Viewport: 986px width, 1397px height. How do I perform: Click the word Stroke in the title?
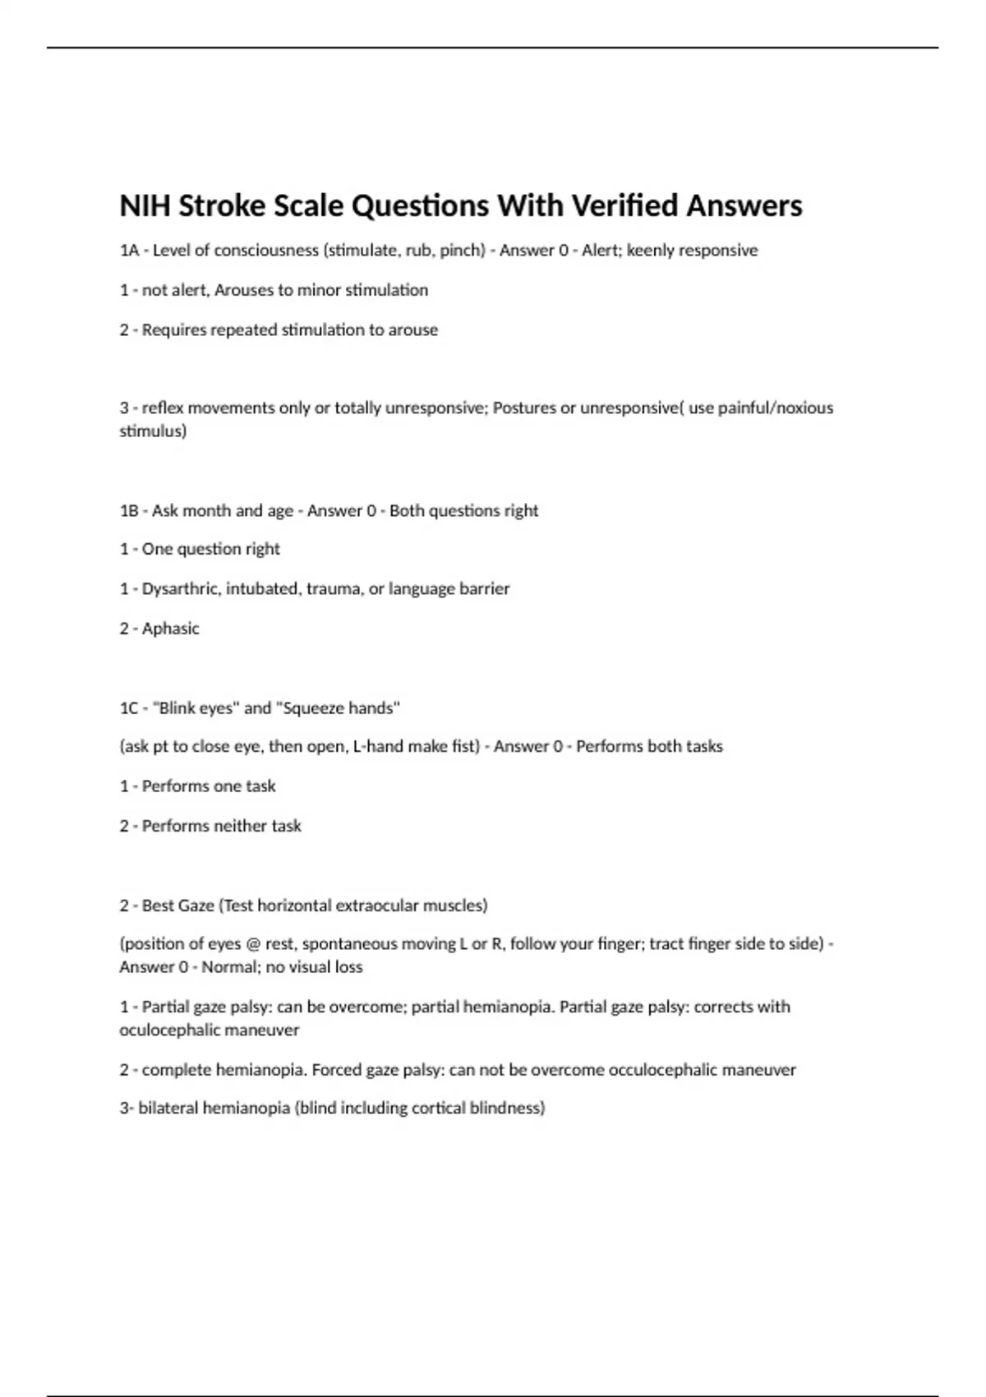point(222,205)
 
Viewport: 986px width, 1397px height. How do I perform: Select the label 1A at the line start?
point(129,251)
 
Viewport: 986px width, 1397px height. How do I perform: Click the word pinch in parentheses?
point(459,251)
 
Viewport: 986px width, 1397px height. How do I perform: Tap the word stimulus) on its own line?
point(153,431)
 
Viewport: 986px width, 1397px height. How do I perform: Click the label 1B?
point(129,511)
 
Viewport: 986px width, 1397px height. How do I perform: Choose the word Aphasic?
point(170,629)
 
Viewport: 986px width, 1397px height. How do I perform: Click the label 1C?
point(129,708)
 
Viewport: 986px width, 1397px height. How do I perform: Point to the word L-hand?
point(376,747)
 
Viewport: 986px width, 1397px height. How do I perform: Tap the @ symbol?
point(253,944)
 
